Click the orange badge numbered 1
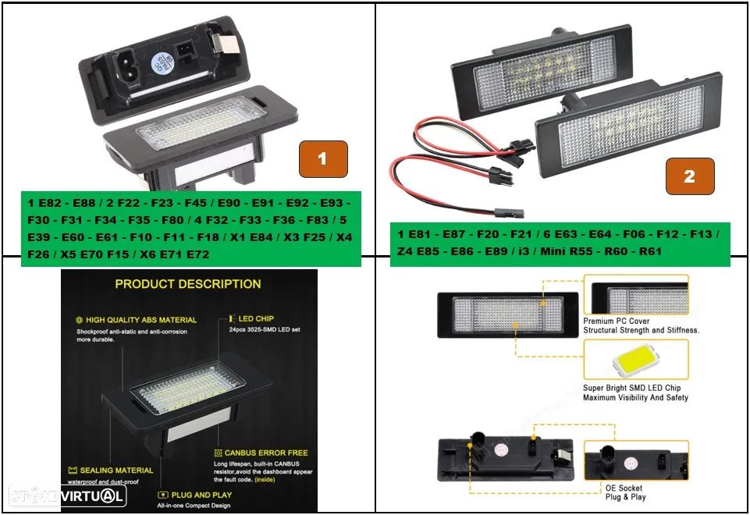[x=322, y=158]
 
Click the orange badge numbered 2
[x=689, y=176]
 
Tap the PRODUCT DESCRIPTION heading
[x=188, y=284]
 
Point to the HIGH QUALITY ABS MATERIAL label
[x=141, y=320]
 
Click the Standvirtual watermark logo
[x=67, y=496]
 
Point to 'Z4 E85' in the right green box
[x=418, y=252]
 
